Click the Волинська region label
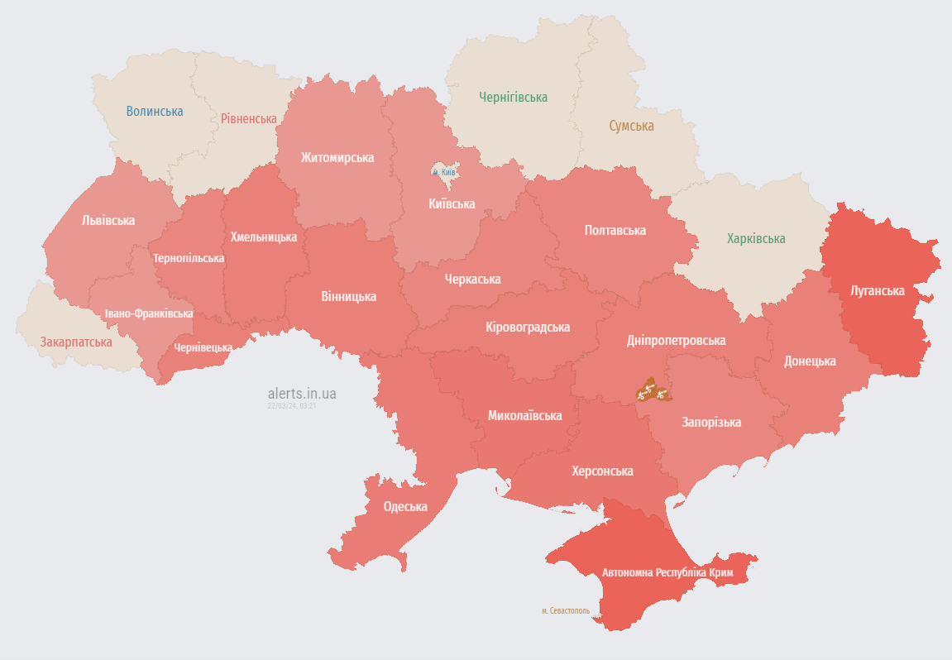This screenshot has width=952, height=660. point(155,111)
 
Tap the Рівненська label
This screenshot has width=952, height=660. point(248,118)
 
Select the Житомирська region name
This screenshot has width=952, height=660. point(337,157)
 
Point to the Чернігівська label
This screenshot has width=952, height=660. point(513,97)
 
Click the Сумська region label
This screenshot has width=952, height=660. point(631,126)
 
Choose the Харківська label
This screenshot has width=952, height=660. point(756,238)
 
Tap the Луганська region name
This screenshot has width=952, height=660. point(877,290)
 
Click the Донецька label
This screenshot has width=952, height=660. point(810,361)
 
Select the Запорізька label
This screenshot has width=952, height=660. point(710,422)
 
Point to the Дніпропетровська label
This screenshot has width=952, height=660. point(676,340)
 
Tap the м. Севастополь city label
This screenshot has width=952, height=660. point(566,610)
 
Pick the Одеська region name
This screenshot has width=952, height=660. point(405,506)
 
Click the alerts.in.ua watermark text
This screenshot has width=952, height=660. point(302,394)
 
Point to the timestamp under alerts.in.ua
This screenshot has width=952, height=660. point(292,406)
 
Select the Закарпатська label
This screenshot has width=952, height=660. point(76,341)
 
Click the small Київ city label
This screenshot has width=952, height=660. point(447,172)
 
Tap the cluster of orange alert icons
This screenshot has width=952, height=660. point(650,390)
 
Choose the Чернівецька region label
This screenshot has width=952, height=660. point(203,347)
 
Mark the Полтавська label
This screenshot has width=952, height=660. point(615,230)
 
